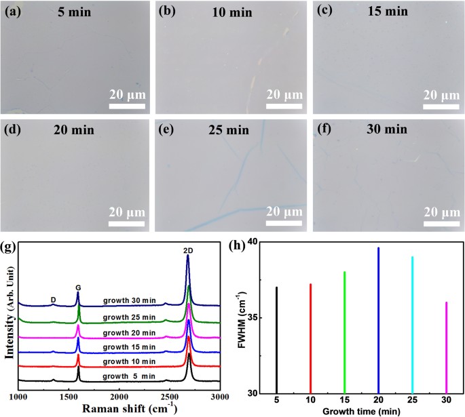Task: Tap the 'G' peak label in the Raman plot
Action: coord(78,286)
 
